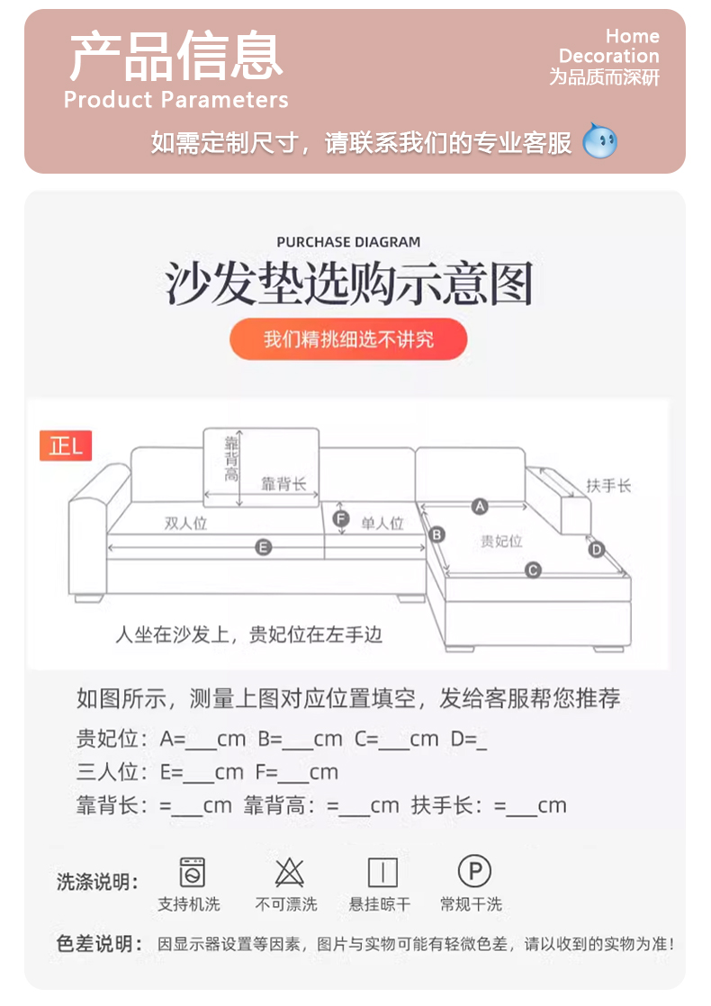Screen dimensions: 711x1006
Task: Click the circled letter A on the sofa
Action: click(x=480, y=507)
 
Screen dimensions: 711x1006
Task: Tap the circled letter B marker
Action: click(x=437, y=534)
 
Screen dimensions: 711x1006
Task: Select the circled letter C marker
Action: click(x=533, y=570)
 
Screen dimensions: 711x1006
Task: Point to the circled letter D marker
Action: click(x=597, y=549)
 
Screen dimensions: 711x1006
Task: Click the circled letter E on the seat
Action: click(x=263, y=547)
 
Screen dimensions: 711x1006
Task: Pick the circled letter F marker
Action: click(x=341, y=518)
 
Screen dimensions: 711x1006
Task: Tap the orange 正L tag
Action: click(x=66, y=445)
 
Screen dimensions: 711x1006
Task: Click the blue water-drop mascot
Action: click(x=599, y=140)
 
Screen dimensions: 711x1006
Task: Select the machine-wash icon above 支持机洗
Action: click(x=192, y=872)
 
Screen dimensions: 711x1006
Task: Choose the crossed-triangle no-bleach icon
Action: click(x=290, y=872)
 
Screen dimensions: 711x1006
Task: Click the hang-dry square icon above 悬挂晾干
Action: click(x=382, y=873)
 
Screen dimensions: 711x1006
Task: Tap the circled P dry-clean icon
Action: click(x=475, y=871)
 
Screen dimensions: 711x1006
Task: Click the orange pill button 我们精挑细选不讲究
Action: click(x=348, y=338)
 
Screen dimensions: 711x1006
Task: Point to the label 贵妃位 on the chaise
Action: click(x=501, y=542)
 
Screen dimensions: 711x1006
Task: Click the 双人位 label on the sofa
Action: click(x=185, y=524)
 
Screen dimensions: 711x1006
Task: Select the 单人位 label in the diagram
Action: click(x=382, y=524)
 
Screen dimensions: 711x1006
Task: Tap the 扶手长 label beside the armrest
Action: click(x=608, y=486)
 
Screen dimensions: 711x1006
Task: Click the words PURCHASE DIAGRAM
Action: click(x=348, y=242)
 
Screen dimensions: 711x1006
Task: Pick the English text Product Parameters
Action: click(x=175, y=100)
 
